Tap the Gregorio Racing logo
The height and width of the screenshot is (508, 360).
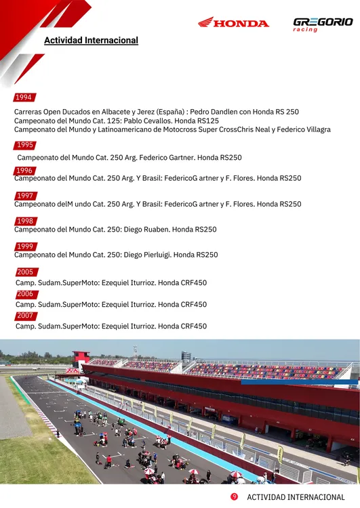323,24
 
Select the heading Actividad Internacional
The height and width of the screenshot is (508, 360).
91,41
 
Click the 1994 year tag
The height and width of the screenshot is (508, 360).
24,98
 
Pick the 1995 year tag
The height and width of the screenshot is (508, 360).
25,145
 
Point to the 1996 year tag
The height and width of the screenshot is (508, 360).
24,171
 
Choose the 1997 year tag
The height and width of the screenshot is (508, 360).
24,196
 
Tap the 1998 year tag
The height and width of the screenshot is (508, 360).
25,221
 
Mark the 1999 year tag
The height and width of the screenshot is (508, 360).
25,247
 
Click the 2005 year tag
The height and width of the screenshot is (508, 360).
25,272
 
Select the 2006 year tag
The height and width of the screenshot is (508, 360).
25,295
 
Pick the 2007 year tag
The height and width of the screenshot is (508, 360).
25,316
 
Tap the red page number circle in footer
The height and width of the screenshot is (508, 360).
234,497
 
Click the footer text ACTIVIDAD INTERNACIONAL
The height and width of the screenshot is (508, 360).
296,498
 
